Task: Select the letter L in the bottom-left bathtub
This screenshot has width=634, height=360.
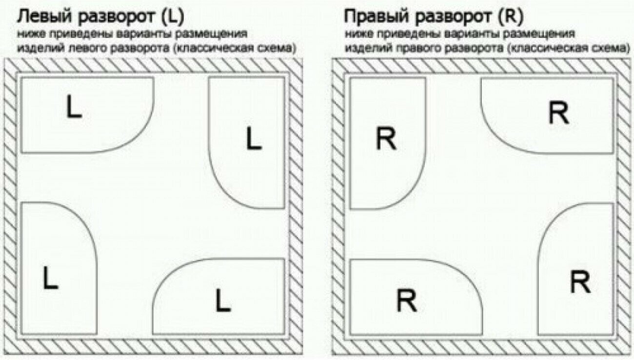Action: click(x=50, y=278)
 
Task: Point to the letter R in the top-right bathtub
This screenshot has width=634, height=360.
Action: click(x=558, y=114)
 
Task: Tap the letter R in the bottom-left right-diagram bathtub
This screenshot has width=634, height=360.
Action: click(x=406, y=300)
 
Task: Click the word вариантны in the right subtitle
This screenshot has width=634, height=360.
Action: click(x=470, y=35)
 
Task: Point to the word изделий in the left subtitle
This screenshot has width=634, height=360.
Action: click(x=36, y=49)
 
